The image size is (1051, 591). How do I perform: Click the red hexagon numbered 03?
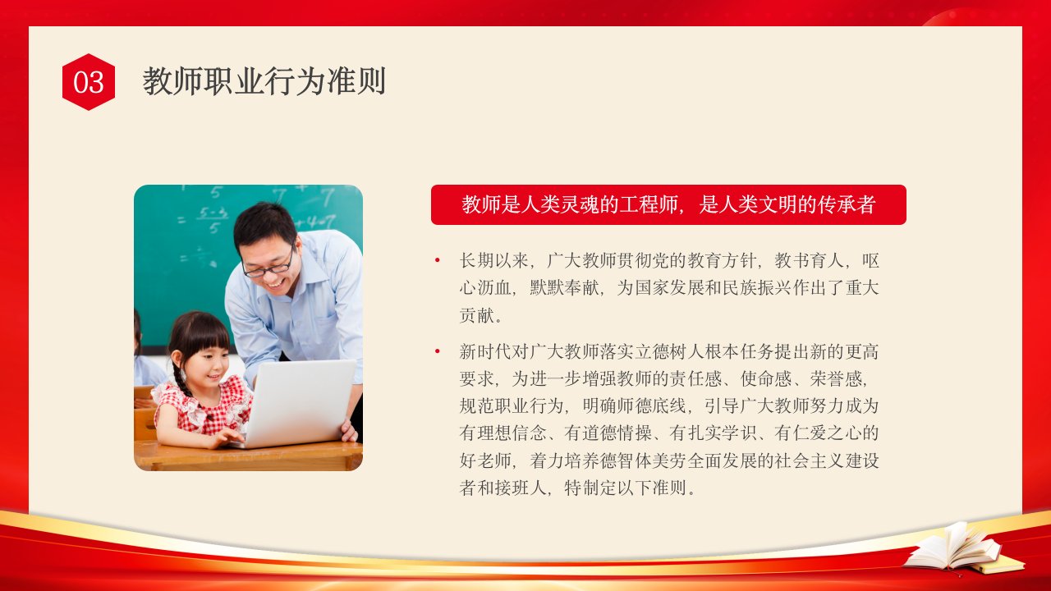coord(88,82)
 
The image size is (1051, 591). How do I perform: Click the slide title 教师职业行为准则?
coord(264,81)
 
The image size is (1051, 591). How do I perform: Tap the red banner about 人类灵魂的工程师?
coord(668,204)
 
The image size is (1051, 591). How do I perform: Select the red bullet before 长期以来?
coord(438,260)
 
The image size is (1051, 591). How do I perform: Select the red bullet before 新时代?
coord(438,351)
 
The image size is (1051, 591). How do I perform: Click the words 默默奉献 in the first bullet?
coord(565,288)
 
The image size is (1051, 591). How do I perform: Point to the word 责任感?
coord(695,379)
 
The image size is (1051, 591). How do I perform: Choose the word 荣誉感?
coord(836,379)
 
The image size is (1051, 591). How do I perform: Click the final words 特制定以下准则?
coord(626,488)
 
